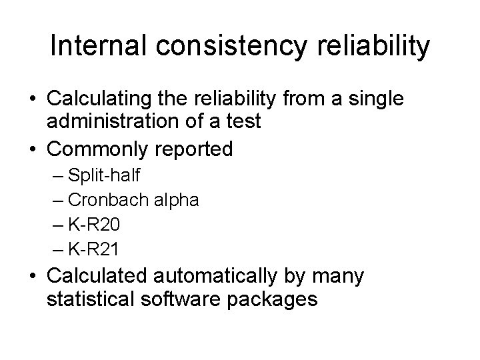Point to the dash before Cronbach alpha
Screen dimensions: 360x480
tap(57, 201)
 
